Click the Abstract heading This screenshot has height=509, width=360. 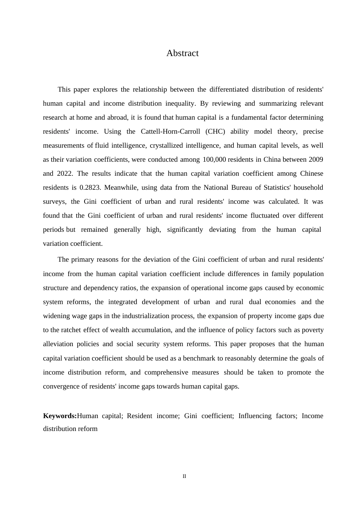tap(182, 53)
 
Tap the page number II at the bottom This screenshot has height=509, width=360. tap(184, 476)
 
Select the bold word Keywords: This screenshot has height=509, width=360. tap(60, 416)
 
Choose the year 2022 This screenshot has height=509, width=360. tap(65, 173)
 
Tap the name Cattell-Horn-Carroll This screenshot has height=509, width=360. tap(170, 131)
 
